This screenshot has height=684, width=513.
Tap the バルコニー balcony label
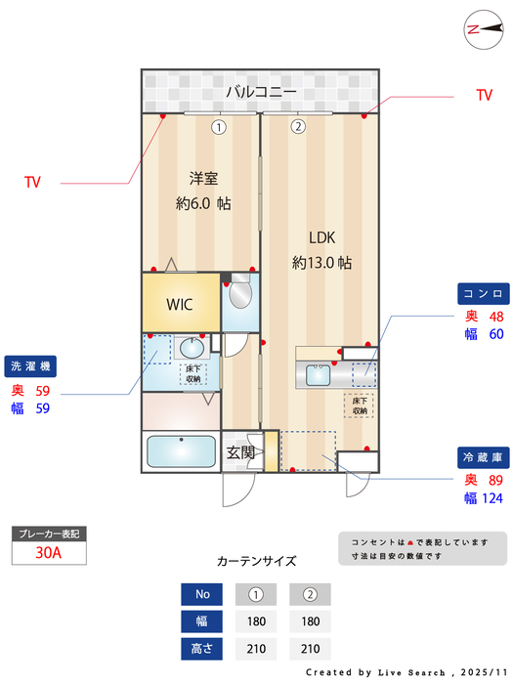261,92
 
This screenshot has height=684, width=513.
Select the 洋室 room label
203,178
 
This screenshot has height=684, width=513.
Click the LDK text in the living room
321,237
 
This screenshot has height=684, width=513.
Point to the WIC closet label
180,304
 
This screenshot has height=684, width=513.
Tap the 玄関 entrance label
240,452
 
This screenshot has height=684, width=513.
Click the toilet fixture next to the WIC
240,293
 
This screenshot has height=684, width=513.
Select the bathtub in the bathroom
181,452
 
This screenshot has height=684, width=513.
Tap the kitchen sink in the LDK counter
318,373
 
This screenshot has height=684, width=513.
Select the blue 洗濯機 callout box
30,365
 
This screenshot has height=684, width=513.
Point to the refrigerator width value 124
492,498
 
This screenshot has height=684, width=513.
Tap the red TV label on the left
33,182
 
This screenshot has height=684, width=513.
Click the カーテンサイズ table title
256,561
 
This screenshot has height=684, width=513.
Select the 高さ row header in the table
201,648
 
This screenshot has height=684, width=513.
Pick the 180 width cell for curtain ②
310,620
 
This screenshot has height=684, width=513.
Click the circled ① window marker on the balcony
219,126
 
